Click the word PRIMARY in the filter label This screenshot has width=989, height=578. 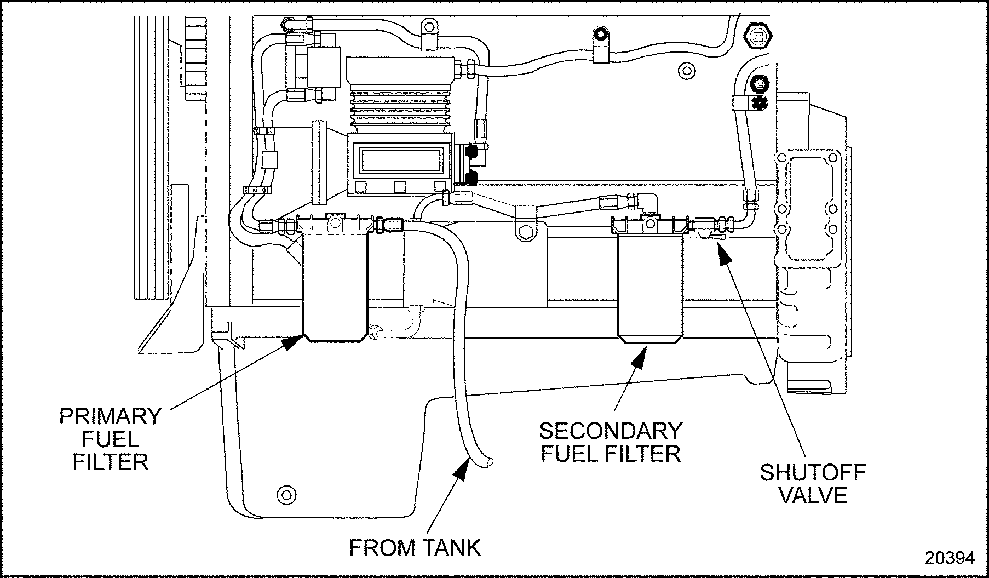(x=110, y=416)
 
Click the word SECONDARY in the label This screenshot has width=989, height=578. (x=611, y=431)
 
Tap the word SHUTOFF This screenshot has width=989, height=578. (x=812, y=472)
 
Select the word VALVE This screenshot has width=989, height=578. (x=813, y=495)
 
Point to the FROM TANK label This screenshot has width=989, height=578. (x=415, y=547)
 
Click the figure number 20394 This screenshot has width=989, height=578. (x=950, y=558)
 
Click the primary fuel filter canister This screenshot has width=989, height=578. (x=335, y=285)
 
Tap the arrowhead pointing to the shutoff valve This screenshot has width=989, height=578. (x=724, y=253)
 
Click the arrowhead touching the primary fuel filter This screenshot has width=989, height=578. (x=293, y=342)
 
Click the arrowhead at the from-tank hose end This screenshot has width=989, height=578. (x=462, y=470)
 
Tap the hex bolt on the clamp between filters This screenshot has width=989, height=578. (x=525, y=232)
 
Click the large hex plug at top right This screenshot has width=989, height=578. (x=758, y=37)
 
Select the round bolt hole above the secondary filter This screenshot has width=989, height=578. (x=683, y=70)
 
